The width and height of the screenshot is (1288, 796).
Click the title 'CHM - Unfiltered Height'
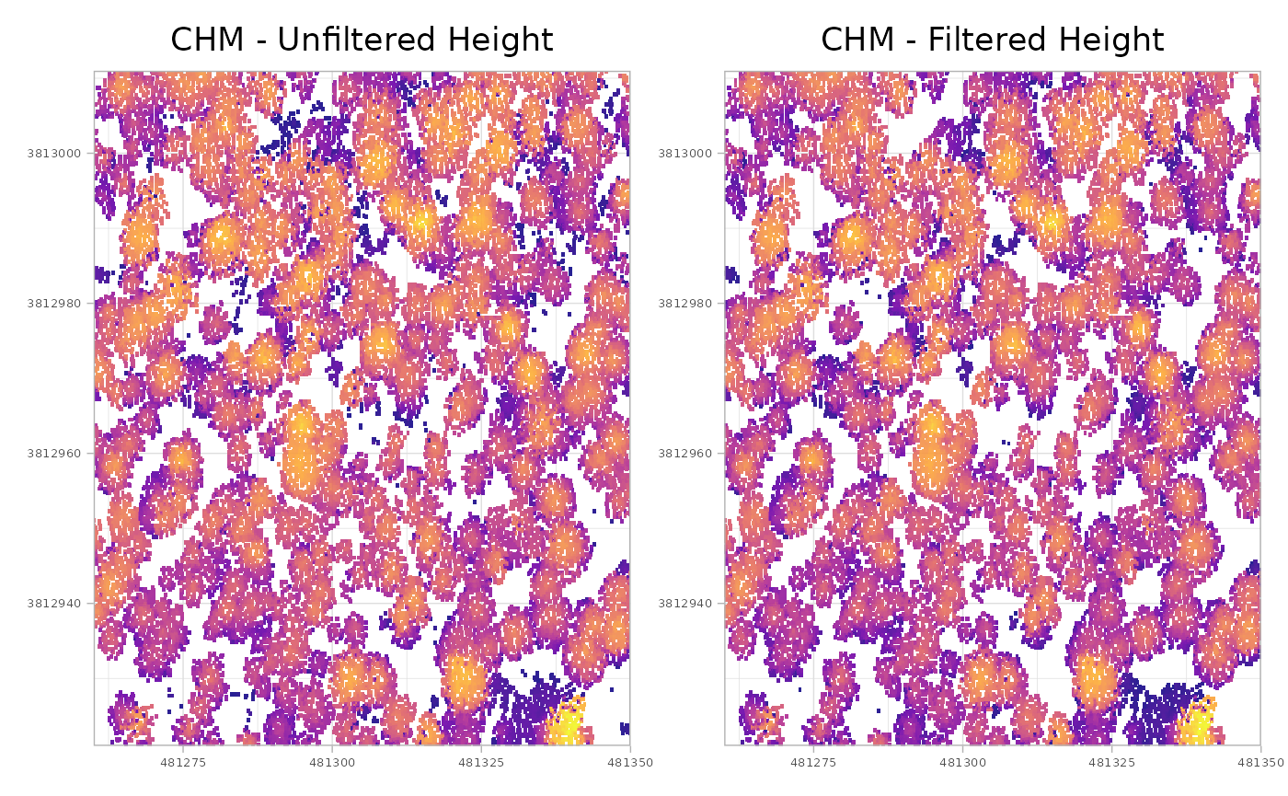pos(362,40)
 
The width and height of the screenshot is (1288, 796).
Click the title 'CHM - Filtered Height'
pos(992,40)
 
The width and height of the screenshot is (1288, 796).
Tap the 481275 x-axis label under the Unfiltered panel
pos(182,763)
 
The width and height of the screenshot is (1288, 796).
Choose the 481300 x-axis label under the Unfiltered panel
pos(332,763)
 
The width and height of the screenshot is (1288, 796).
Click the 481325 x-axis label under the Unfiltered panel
pos(482,763)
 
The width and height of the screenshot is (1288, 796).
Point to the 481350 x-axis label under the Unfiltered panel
pos(625,763)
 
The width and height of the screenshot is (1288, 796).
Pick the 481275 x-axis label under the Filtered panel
pos(812,763)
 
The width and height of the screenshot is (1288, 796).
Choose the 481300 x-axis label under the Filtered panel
pos(962,763)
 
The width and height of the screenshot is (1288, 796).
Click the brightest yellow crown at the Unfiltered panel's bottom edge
pos(568,725)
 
